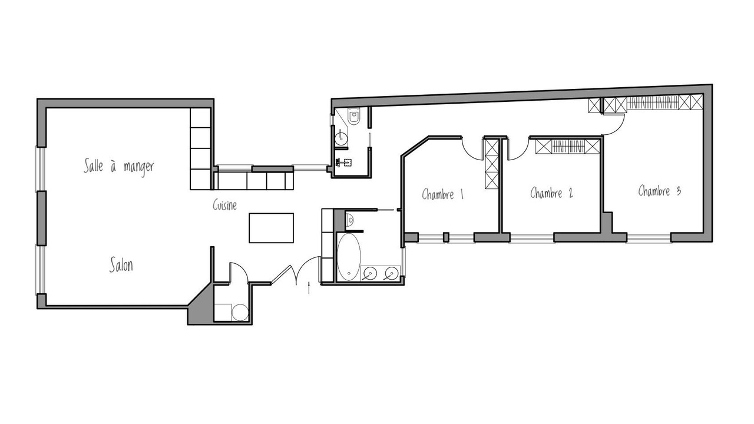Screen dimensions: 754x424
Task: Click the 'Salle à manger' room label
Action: [118, 167]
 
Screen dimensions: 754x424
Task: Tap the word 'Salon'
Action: [121, 265]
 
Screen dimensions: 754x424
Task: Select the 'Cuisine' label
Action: [224, 205]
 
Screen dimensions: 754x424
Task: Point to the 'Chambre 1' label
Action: [442, 194]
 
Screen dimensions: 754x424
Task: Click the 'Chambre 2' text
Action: [551, 193]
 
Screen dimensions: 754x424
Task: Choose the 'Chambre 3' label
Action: [659, 191]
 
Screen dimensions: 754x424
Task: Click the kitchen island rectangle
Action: [272, 228]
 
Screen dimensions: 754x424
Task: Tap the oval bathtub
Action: [349, 256]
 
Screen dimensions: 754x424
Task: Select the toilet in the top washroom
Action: [354, 116]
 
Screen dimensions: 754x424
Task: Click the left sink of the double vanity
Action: [371, 273]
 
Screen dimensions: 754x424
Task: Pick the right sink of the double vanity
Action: [392, 273]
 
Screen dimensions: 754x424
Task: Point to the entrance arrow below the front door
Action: [309, 288]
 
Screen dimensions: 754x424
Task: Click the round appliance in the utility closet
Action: [240, 312]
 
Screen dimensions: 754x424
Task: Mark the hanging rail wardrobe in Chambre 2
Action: [568, 147]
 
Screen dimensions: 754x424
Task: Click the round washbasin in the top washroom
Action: [341, 137]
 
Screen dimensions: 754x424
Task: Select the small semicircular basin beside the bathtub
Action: [350, 220]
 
